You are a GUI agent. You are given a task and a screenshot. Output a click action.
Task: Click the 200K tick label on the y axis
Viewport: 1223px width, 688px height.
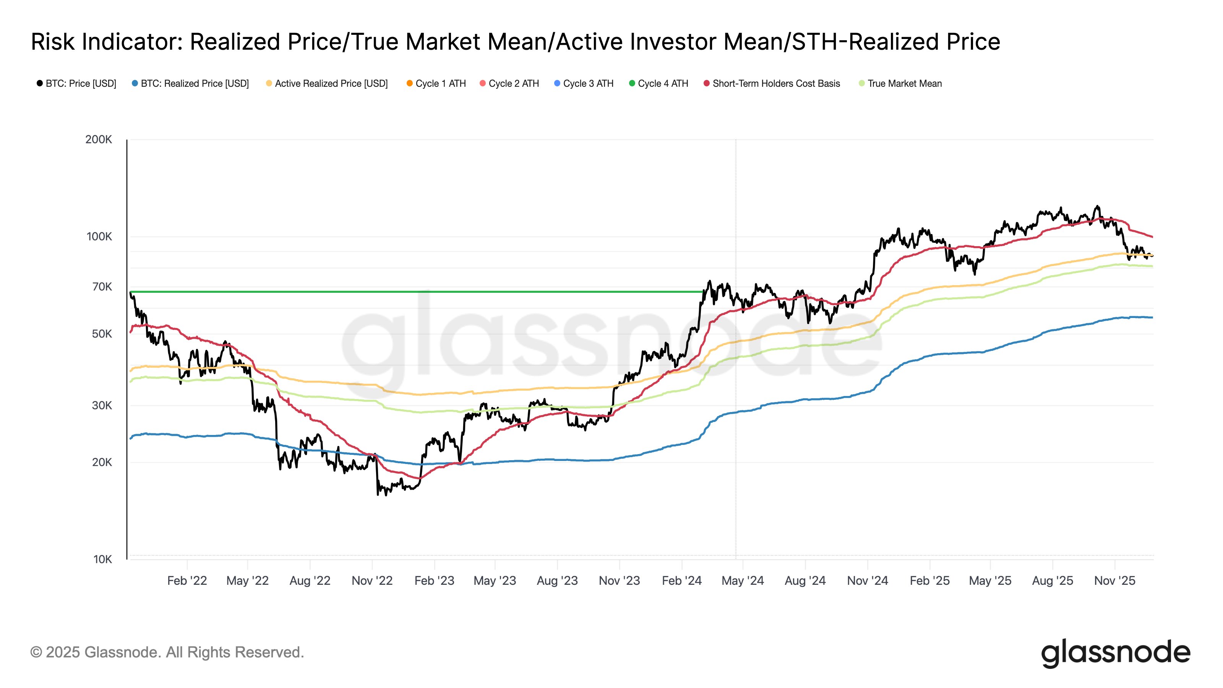[98, 140]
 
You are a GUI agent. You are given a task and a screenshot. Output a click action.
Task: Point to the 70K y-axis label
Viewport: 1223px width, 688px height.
[102, 287]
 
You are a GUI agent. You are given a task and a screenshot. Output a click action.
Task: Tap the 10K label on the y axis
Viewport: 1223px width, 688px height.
[102, 559]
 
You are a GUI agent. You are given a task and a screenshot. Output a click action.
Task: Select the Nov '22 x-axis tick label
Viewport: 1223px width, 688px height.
[372, 581]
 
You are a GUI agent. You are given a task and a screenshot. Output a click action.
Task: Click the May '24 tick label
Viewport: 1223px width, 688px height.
[743, 581]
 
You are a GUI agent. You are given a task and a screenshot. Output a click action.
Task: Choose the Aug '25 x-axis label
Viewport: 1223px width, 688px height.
[1052, 581]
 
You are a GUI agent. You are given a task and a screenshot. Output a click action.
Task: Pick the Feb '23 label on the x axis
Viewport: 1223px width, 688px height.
[434, 581]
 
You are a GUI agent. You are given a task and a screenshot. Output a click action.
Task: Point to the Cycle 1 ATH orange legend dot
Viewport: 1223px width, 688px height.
[409, 84]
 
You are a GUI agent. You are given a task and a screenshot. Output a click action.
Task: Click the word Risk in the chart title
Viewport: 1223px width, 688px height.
[53, 42]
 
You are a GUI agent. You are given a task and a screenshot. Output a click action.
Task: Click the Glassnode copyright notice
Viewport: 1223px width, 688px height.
[167, 652]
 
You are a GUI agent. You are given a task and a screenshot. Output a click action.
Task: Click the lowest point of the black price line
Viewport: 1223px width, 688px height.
[378, 495]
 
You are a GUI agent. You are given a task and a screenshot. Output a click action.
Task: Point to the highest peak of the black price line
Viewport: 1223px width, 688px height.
[1097, 206]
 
